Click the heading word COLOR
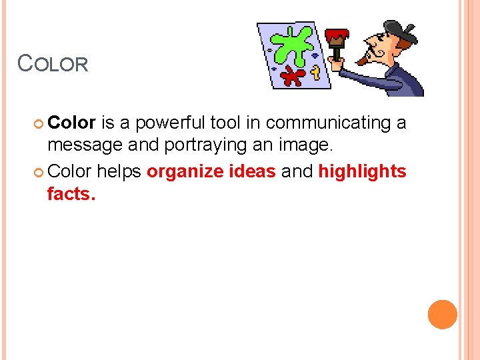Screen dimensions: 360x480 pyautogui.click(x=53, y=63)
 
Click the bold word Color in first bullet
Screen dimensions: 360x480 pyautogui.click(x=73, y=123)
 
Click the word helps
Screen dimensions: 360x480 pyautogui.click(x=119, y=171)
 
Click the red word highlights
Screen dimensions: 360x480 pyautogui.click(x=362, y=172)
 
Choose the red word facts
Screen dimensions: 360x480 pyautogui.click(x=71, y=195)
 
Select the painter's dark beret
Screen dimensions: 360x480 pyautogui.click(x=400, y=28)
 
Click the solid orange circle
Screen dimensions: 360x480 pyautogui.click(x=443, y=315)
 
